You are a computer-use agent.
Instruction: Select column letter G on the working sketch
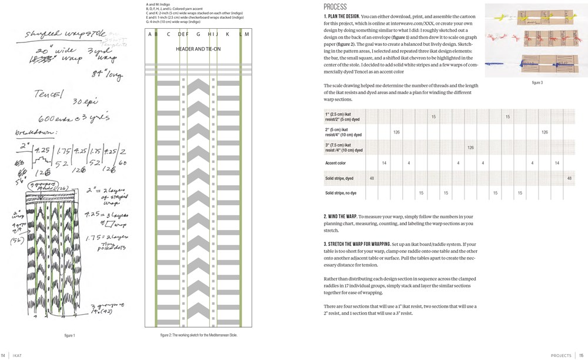tap(198, 34)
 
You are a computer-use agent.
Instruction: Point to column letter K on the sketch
tap(227, 34)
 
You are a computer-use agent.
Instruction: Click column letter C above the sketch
tap(168, 34)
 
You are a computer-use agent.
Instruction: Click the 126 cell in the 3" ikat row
tap(470, 148)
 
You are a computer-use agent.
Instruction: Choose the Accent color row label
tap(336, 163)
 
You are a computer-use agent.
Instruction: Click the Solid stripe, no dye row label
tap(345, 193)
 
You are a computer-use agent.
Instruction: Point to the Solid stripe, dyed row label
tap(339, 178)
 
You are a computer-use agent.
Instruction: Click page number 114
tap(4, 355)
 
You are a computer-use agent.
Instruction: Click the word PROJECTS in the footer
tap(561, 355)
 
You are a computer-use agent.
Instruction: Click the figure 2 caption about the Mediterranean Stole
tap(199, 335)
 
